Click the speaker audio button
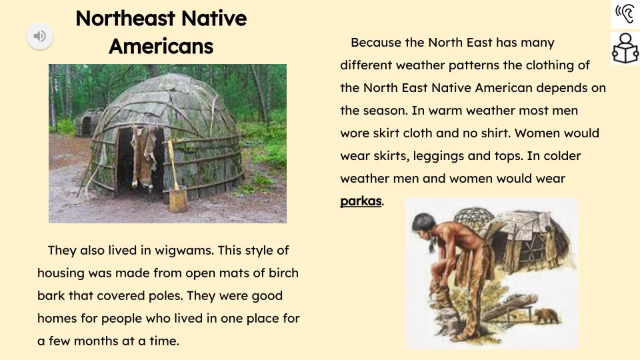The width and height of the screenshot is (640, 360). pos(40,36)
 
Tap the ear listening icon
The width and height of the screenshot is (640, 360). pos(625,14)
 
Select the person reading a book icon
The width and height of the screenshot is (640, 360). pos(625,49)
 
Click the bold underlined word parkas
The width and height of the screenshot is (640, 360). pos(361,201)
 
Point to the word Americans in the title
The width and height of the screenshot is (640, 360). pos(161,46)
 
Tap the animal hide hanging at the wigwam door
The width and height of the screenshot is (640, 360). pos(143,156)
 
